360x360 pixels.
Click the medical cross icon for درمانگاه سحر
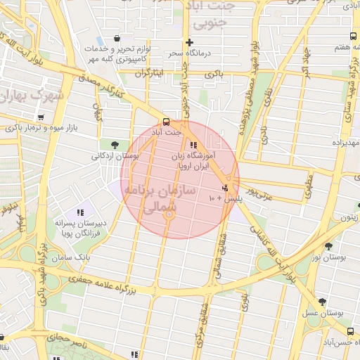pyautogui.click(x=189, y=42)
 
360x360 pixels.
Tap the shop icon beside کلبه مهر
pyautogui.click(x=117, y=38)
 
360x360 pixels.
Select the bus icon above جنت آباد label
pyautogui.click(x=166, y=120)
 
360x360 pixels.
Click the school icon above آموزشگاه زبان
pyautogui.click(x=193, y=146)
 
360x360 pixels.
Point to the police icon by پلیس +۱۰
pyautogui.click(x=225, y=188)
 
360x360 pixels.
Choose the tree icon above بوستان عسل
pyautogui.click(x=322, y=302)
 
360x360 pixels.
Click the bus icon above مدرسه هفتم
pyautogui.click(x=352, y=36)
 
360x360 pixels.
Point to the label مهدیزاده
pyautogui.click(x=345, y=144)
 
